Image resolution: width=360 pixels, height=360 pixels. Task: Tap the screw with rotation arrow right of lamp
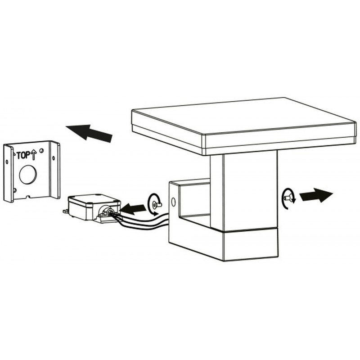point(288,198)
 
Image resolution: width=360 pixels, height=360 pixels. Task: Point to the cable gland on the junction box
point(107,211)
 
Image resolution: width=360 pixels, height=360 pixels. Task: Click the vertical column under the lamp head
point(243,189)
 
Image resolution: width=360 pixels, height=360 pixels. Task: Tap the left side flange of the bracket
point(8,173)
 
